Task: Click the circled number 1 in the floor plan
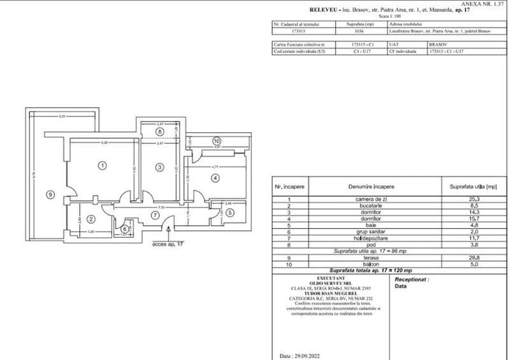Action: [x=101, y=165]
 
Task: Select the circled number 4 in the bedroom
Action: [x=215, y=177]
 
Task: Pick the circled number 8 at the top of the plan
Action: [x=159, y=131]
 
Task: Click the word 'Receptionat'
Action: [x=411, y=279]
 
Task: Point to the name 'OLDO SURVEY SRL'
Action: [x=327, y=283]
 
